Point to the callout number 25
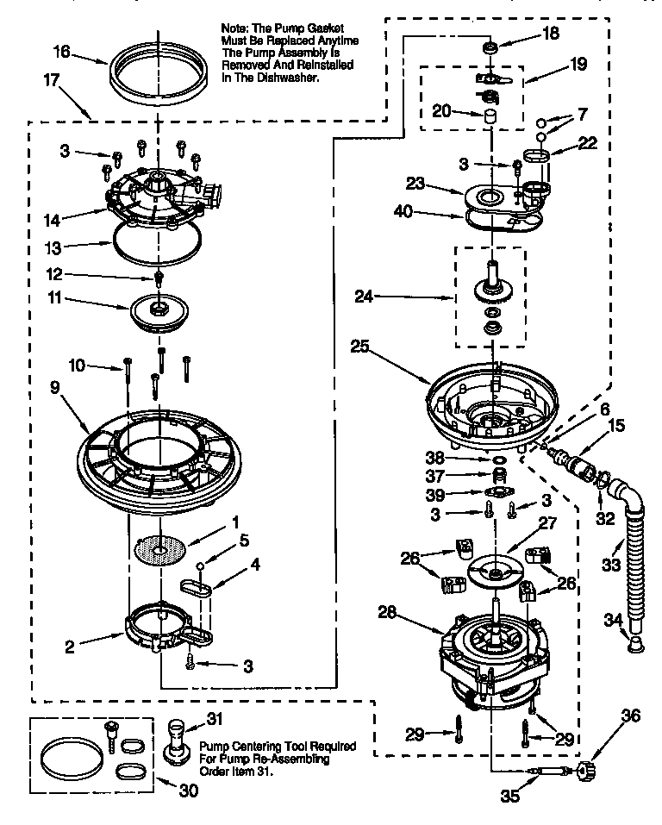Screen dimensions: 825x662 pyautogui.click(x=361, y=347)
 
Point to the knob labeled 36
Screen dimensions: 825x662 pyautogui.click(x=590, y=769)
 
